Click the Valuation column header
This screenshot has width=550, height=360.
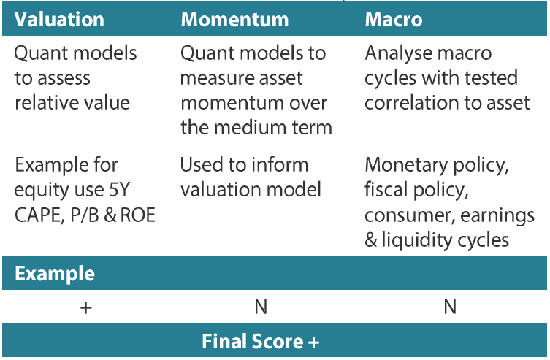pos(59,19)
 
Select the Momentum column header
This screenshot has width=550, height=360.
pos(234,19)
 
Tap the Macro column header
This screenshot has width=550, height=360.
pos(394,19)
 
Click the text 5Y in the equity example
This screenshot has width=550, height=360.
pos(120,190)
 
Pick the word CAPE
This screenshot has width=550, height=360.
pos(39,215)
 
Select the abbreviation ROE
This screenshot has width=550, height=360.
pos(138,215)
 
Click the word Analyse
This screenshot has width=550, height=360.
pos(397,54)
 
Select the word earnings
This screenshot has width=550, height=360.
pos(497,216)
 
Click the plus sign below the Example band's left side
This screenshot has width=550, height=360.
pos(86,308)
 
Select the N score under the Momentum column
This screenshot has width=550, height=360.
pos(261,307)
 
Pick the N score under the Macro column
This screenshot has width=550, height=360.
pos(450,307)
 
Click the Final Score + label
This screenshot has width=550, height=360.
pos(260,342)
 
